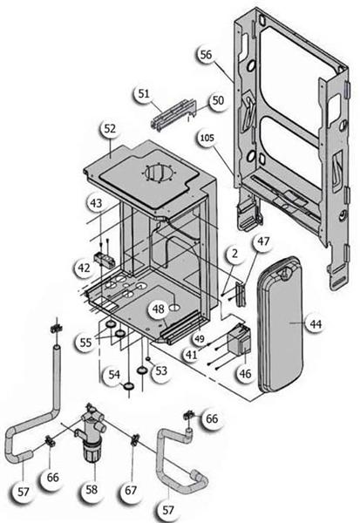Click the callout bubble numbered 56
(x=206, y=55)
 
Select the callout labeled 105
(x=207, y=138)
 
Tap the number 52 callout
(x=110, y=129)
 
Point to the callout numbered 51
(x=144, y=94)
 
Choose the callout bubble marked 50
(x=218, y=100)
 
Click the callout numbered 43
(x=96, y=203)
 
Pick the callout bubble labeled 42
(x=84, y=268)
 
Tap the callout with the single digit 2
(x=234, y=254)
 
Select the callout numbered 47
(x=263, y=241)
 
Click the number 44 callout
(x=316, y=324)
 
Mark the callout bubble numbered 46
(x=245, y=374)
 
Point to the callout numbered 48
(x=158, y=309)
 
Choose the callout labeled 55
(x=85, y=343)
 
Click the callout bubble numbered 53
(x=161, y=370)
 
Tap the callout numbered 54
(x=114, y=375)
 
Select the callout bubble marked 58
(x=92, y=490)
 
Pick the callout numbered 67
(x=131, y=491)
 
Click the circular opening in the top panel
(x=160, y=173)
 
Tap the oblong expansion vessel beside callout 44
(x=280, y=324)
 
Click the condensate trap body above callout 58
(x=91, y=433)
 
